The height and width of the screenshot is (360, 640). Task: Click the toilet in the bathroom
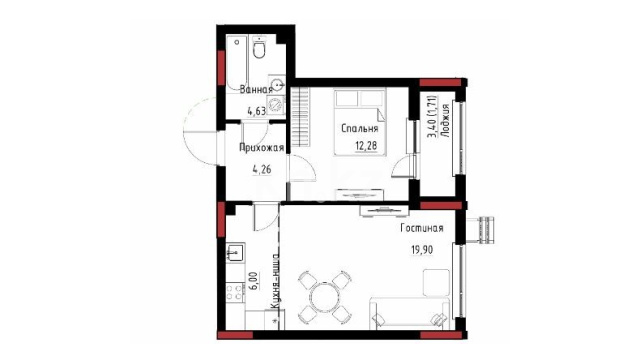pyautogui.click(x=259, y=48)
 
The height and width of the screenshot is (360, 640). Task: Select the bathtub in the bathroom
pyautogui.click(x=237, y=63)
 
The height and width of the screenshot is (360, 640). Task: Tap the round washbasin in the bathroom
pyautogui.click(x=278, y=85)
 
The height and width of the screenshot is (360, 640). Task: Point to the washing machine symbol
pyautogui.click(x=277, y=105)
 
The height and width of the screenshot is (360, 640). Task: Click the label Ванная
pyautogui.click(x=256, y=89)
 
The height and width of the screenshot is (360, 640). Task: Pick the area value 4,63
pyautogui.click(x=256, y=110)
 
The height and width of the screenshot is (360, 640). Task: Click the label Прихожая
pyautogui.click(x=261, y=148)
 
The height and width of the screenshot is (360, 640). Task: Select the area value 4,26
pyautogui.click(x=262, y=169)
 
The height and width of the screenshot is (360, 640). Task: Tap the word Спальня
pyautogui.click(x=360, y=129)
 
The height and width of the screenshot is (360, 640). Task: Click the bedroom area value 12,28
pyautogui.click(x=367, y=145)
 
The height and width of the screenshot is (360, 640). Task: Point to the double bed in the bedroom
pyautogui.click(x=360, y=122)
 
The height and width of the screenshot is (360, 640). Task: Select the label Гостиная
pyautogui.click(x=422, y=228)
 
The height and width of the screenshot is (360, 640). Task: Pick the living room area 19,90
pyautogui.click(x=422, y=249)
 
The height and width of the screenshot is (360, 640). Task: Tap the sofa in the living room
pyautogui.click(x=409, y=313)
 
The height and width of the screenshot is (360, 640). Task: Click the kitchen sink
pyautogui.click(x=236, y=253)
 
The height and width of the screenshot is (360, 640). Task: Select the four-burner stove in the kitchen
pyautogui.click(x=235, y=292)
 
